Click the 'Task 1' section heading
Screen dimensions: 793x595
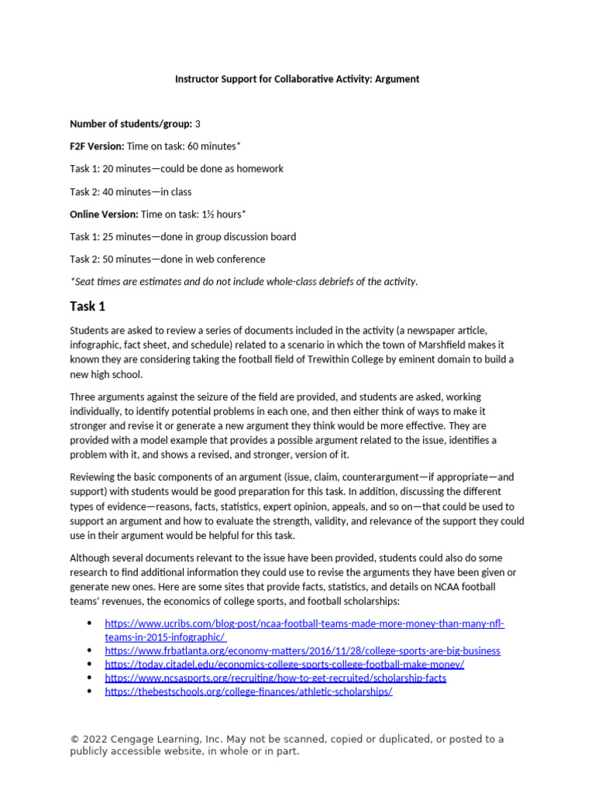pyautogui.click(x=88, y=306)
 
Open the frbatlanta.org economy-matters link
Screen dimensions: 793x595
pyautogui.click(x=302, y=651)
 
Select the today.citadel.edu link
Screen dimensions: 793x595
pyautogui.click(x=284, y=664)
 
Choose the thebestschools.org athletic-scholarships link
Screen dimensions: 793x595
pyautogui.click(x=249, y=692)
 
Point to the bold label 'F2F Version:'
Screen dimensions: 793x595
pyautogui.click(x=97, y=146)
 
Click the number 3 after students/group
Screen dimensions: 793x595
pyautogui.click(x=198, y=124)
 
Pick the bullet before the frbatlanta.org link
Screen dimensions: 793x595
pyautogui.click(x=90, y=651)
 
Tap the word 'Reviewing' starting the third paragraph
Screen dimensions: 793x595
pyautogui.click(x=94, y=477)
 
